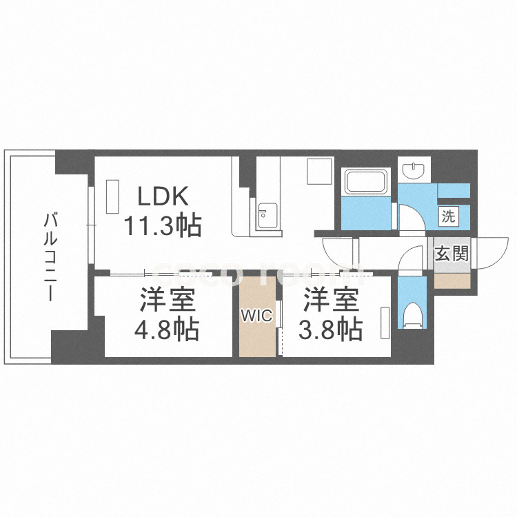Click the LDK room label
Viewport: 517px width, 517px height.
(x=163, y=196)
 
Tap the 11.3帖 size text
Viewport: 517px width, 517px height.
(x=163, y=225)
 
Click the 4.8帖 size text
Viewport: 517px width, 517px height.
(x=168, y=330)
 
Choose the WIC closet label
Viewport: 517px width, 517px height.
(x=257, y=316)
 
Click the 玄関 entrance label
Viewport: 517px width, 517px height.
(x=452, y=253)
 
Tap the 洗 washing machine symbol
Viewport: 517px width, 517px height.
(x=448, y=216)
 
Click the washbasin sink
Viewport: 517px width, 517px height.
(x=416, y=168)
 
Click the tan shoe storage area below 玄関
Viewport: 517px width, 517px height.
(x=452, y=279)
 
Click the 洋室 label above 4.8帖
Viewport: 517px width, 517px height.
(x=168, y=301)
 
